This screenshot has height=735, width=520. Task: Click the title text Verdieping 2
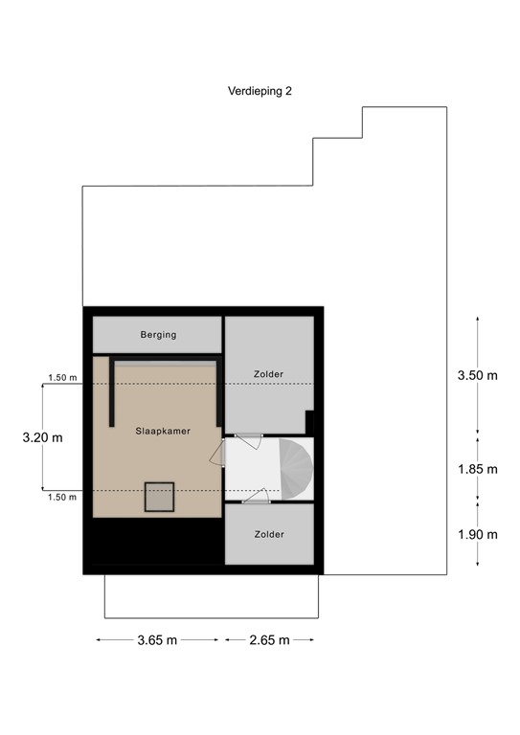pos(260,93)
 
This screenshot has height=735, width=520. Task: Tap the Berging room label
pos(158,335)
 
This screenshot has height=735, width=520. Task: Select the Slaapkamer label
pos(163,432)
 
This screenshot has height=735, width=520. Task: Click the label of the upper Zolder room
pos(269,373)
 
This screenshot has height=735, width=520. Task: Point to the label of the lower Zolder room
pos(269,534)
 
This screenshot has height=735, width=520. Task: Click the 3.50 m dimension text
pos(478,375)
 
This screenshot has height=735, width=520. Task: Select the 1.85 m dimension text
pos(478,469)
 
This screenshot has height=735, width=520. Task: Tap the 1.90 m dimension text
pos(478,534)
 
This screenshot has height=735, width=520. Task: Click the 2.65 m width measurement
pos(269,640)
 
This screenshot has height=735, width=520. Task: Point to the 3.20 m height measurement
pos(43,437)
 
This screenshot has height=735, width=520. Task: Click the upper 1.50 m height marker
pos(61,377)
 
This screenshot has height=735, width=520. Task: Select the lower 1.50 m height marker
pos(61,497)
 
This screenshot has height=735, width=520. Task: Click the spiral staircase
pos(291,468)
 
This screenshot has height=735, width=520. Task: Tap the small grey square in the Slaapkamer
pos(159,497)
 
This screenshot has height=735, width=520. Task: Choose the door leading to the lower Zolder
pos(256,496)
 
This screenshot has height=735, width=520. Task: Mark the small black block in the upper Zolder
pos(309,421)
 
